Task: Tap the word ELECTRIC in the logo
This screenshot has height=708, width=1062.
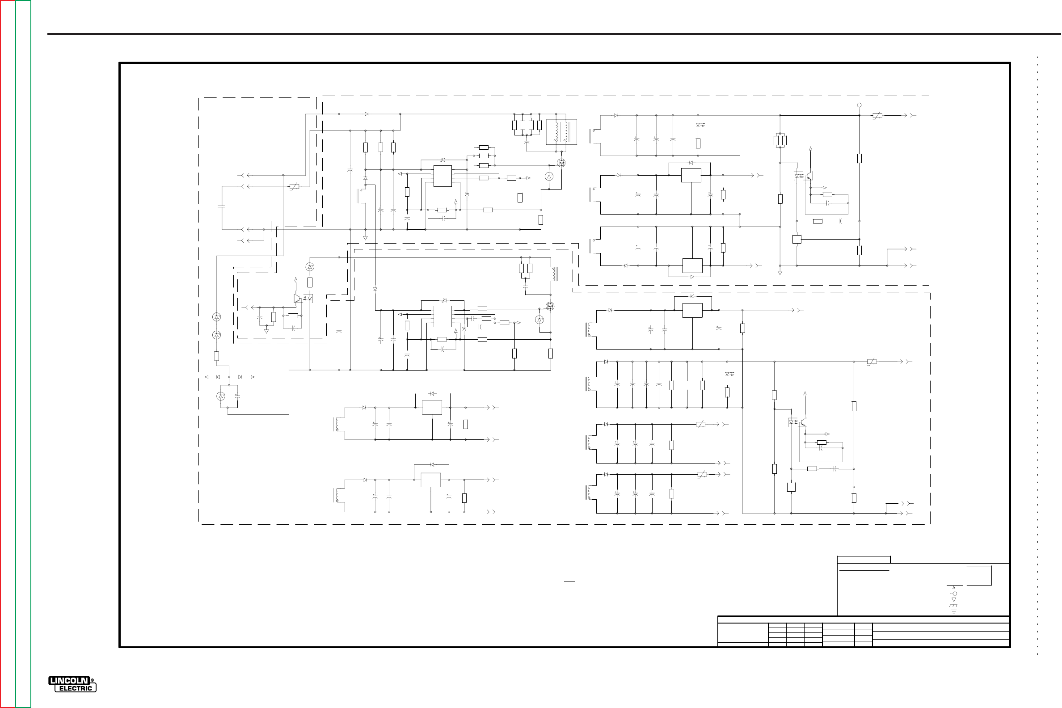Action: (x=76, y=688)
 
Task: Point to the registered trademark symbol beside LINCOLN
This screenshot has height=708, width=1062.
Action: (x=93, y=680)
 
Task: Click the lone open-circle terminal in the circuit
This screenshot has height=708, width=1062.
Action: (x=859, y=105)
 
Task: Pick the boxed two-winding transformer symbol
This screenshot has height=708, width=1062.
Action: (x=562, y=132)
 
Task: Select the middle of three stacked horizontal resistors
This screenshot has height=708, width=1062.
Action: (x=484, y=156)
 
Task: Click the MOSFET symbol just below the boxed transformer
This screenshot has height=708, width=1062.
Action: (x=561, y=163)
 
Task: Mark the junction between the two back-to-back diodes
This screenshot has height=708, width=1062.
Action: (x=229, y=377)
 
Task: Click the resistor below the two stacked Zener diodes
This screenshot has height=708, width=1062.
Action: (x=216, y=356)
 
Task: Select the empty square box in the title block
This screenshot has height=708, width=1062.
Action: (x=979, y=576)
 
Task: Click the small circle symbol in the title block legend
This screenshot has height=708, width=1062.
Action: (x=955, y=593)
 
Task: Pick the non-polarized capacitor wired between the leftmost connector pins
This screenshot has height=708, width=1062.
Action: (x=222, y=206)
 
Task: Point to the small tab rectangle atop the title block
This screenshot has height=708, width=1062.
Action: (x=864, y=560)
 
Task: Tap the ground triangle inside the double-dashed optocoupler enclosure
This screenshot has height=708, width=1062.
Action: (x=266, y=331)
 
